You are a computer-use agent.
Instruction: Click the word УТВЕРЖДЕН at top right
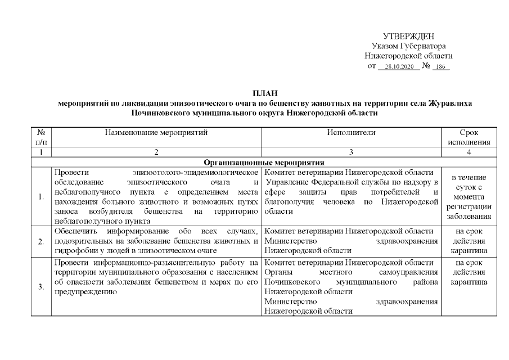[x=408, y=36]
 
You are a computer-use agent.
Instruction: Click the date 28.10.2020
[x=399, y=66]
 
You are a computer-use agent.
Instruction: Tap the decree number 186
[x=440, y=66]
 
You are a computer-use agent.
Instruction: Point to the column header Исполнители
[x=351, y=133]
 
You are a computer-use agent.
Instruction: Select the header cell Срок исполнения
[x=469, y=137]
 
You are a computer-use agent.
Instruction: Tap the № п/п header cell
[x=41, y=137]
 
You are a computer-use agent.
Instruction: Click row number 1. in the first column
[x=41, y=197]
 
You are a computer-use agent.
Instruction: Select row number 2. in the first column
[x=41, y=241]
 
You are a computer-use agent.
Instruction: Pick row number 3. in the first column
[x=41, y=287]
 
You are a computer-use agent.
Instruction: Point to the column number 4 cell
[x=469, y=152]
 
